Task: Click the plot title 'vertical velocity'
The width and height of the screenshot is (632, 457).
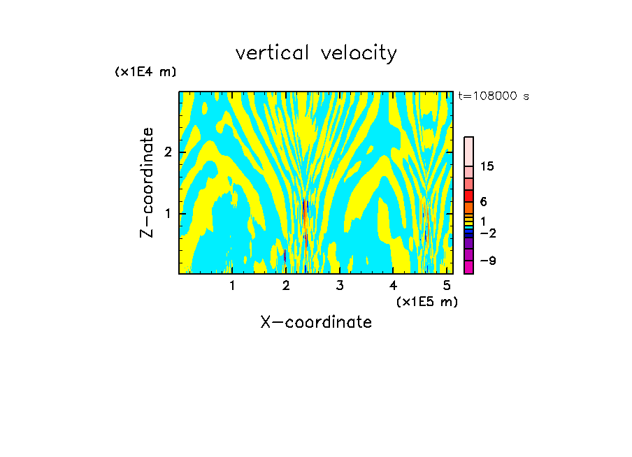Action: pos(316,53)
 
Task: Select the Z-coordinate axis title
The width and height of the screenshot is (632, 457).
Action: pos(147,182)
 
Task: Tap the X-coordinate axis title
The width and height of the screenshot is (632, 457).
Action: pos(316,322)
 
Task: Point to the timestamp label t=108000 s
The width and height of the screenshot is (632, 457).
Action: pos(493,96)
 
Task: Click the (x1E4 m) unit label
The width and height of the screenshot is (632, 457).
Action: pos(145,72)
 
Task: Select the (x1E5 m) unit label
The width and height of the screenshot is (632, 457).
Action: pos(426,301)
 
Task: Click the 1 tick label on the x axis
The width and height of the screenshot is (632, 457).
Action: pos(232,285)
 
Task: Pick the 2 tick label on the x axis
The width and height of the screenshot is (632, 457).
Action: pos(286,285)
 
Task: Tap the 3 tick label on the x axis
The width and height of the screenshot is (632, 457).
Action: pos(340,285)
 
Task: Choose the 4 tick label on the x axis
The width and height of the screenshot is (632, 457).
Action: pos(394,285)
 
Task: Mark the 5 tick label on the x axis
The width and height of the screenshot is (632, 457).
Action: pos(447,285)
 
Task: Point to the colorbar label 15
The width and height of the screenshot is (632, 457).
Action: pos(487,166)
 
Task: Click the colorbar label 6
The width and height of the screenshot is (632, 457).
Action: pos(483,201)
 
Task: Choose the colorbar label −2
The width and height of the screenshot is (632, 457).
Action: pos(487,233)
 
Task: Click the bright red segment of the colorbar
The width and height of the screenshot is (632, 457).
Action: pos(469,196)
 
